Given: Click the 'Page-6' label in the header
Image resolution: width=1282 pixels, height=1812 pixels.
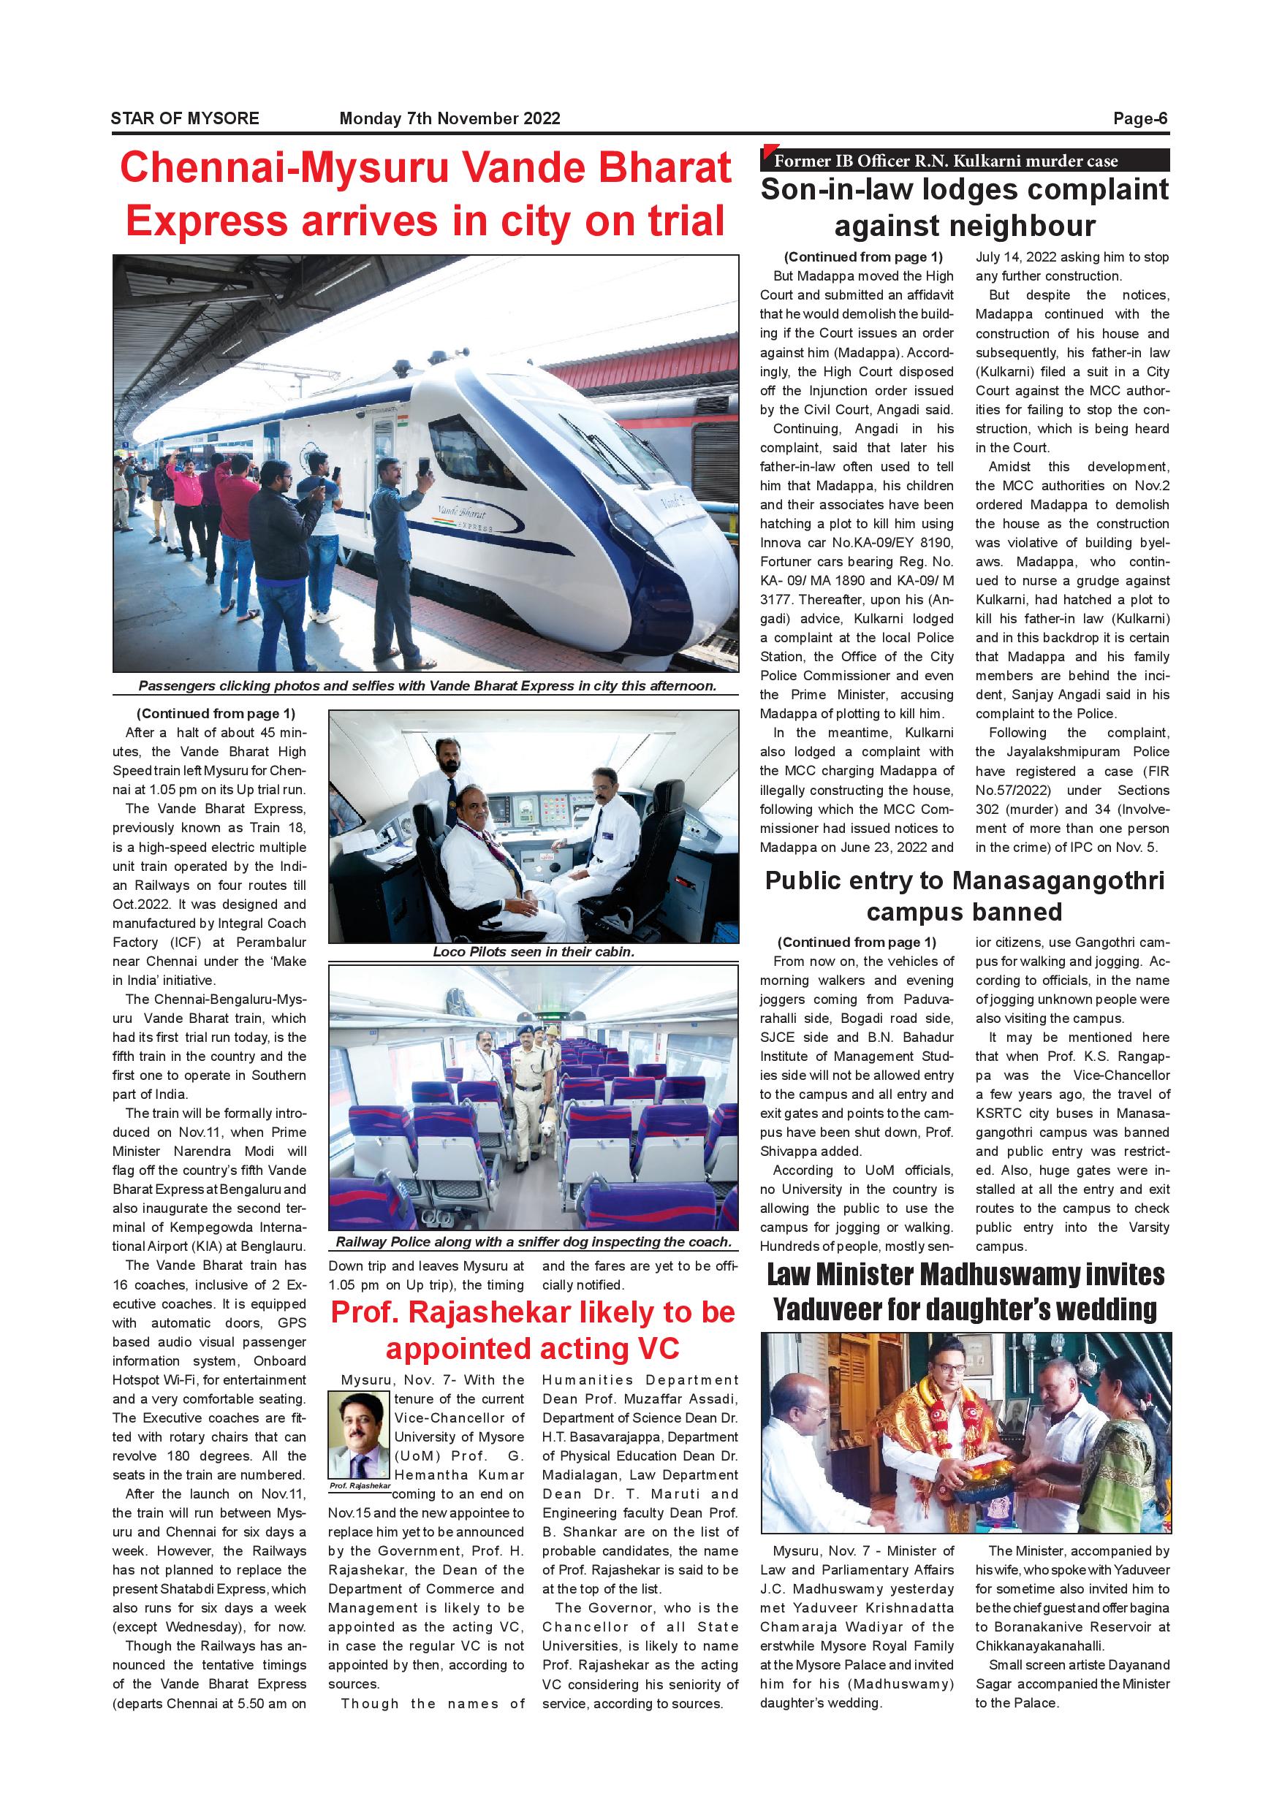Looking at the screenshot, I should click(x=1139, y=118).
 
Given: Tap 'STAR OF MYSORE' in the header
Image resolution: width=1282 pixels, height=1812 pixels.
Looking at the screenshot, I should click(x=185, y=118).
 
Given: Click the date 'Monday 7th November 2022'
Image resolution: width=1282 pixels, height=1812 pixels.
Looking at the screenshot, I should click(x=450, y=118).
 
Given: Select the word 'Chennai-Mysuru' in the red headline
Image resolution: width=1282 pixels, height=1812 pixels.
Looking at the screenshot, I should click(x=284, y=168).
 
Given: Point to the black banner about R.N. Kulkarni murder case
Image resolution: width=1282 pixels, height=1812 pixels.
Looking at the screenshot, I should click(x=964, y=160).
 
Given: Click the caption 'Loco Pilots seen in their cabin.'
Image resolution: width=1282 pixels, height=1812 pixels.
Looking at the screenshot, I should click(x=533, y=952).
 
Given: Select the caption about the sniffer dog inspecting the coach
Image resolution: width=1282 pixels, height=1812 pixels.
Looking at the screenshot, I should click(x=533, y=1241).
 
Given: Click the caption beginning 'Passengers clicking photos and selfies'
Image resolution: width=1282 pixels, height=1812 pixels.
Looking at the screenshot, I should click(x=426, y=686).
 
